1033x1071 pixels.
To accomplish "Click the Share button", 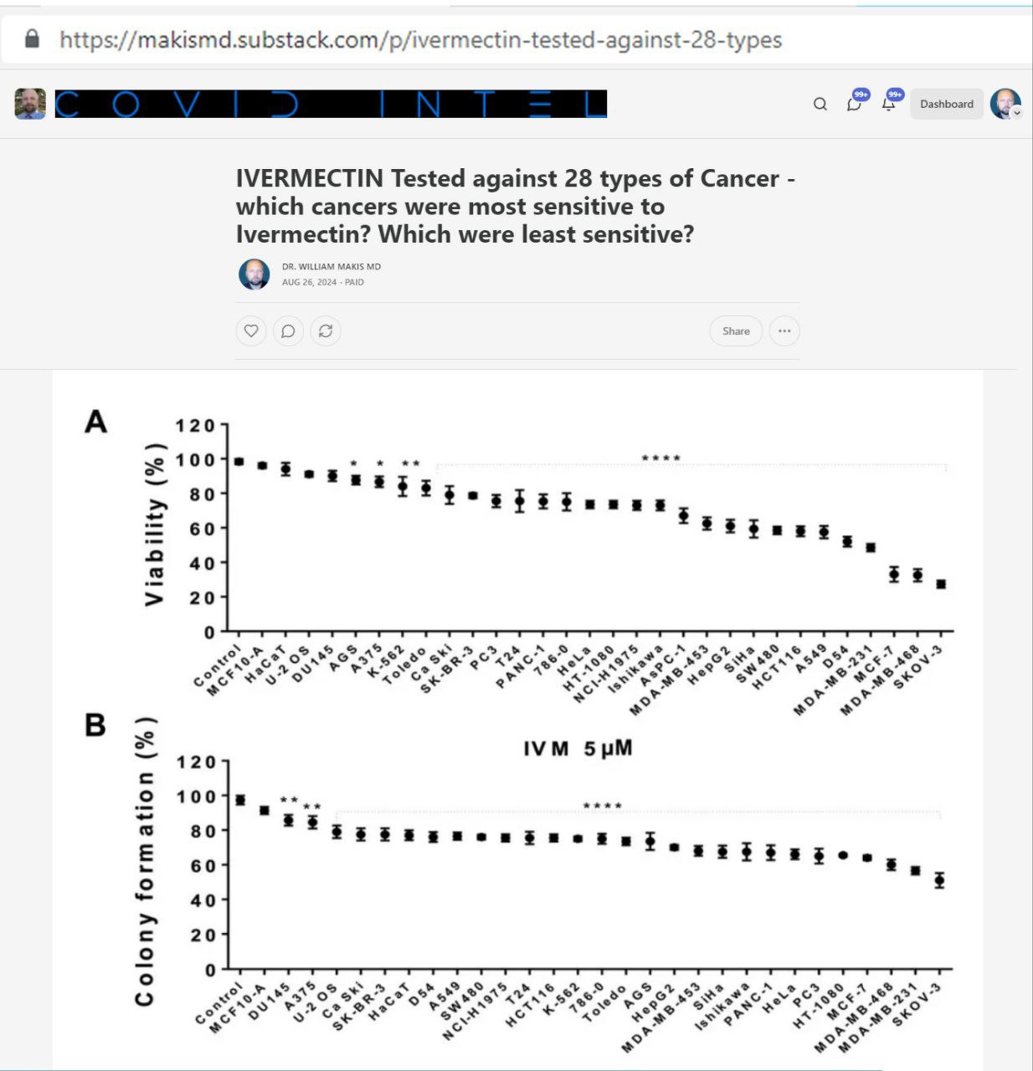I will pos(736,331).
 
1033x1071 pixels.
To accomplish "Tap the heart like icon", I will pos(251,331).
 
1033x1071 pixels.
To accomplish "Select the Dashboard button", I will pos(946,104).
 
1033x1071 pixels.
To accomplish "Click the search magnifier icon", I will pos(820,104).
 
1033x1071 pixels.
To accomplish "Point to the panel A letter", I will pos(96,422).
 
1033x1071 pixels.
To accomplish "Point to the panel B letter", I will pos(95,725).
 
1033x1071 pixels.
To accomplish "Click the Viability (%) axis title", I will pos(155,533).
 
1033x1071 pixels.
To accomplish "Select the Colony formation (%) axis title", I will pos(146,862).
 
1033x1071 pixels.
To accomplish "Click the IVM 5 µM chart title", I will pos(578,748).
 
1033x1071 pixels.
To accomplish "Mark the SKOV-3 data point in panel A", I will pos(941,584).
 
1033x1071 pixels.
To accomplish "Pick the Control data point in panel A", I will pos(239,461).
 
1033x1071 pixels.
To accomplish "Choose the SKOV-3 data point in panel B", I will pos(939,879).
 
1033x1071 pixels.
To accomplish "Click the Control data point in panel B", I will pos(240,800).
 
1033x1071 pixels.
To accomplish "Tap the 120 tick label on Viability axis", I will pos(195,426).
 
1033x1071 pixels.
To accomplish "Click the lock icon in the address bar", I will pos(32,38).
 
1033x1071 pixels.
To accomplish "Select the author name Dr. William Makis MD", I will pos(331,267).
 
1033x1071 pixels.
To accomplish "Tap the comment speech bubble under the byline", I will pos(288,331).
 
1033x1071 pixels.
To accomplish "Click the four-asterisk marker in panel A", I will pos(660,459).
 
